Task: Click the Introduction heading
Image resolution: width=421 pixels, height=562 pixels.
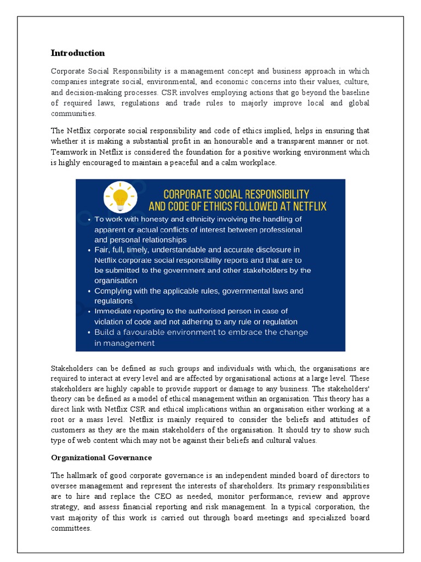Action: click(x=77, y=53)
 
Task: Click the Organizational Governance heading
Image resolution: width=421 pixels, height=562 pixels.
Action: click(x=101, y=457)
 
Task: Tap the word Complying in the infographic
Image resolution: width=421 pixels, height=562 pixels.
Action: click(x=113, y=291)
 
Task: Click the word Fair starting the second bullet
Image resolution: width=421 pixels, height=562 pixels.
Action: click(x=102, y=250)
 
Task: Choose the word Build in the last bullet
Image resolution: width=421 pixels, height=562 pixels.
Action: click(x=105, y=332)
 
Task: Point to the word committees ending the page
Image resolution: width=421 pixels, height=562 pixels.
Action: click(x=71, y=529)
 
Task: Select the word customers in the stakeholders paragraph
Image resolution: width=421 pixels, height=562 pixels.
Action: click(x=69, y=430)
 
